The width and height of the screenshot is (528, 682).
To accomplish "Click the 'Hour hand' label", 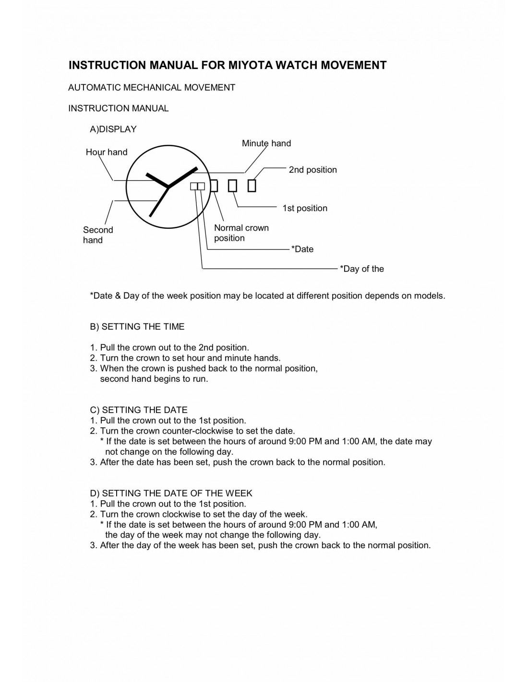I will coord(107,152).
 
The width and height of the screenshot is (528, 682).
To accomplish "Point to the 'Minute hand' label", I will coord(266,143).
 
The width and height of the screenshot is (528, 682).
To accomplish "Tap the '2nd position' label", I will coord(312,170).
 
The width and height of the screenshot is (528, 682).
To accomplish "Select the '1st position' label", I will coord(305,208).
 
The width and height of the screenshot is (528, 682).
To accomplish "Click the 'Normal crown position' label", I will coord(241,233).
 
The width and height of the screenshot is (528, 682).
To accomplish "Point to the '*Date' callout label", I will coord(302,249).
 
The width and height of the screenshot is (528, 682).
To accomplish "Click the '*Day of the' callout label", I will coord(362,269).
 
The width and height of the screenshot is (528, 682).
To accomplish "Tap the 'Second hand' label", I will coord(97,235).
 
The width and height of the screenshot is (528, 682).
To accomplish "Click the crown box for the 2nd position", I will coord(252,185).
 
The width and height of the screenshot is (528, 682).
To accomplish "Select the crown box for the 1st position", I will coord(232,185).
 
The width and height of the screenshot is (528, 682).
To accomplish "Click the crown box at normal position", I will coord(214,186).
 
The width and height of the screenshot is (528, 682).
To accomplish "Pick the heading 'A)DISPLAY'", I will coord(113,129).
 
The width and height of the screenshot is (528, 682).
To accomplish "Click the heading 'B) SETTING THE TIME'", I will coord(137,327).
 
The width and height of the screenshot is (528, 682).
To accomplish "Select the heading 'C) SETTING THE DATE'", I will coord(139,410).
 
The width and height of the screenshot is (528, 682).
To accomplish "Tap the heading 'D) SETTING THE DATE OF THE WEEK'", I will coord(171,493).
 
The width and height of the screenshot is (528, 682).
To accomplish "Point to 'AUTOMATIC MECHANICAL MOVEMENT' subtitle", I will coord(152,88).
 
